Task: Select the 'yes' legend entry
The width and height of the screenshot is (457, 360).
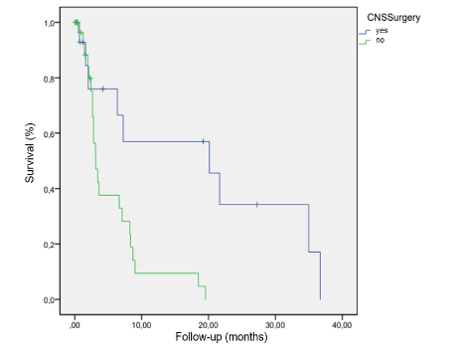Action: coord(380,31)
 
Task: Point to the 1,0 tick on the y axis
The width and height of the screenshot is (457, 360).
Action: coord(51,22)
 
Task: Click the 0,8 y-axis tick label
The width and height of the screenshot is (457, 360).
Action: coord(51,78)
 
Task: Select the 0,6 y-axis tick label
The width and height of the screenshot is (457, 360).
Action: coord(51,133)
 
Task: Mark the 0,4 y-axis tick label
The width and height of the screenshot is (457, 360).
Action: coord(51,189)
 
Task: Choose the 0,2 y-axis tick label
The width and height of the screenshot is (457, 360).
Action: coord(51,245)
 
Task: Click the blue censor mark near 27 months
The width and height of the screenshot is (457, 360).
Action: coord(257,204)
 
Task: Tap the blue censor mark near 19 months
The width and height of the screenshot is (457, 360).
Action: coord(204,141)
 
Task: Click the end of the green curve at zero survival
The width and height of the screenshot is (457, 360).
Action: coord(205,298)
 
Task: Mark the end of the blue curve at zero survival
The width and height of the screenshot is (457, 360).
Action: coord(320,298)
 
